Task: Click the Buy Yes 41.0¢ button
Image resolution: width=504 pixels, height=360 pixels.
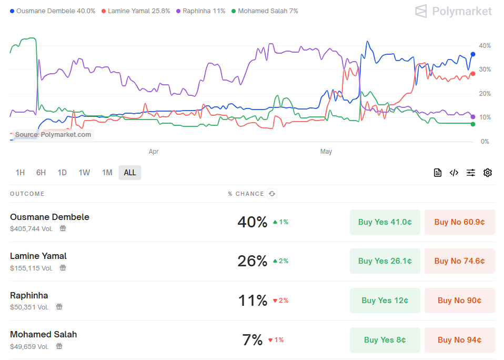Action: pos(385,222)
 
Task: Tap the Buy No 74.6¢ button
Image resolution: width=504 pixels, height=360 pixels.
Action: pos(459,261)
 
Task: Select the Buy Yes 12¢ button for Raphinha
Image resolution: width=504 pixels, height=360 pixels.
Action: pos(385,301)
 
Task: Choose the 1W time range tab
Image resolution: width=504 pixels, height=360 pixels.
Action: pos(84,173)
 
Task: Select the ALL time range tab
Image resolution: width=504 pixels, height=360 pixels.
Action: pos(129,173)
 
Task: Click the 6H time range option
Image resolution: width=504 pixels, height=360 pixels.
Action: pos(41,173)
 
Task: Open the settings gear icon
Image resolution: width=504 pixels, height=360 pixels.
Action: pos(488,173)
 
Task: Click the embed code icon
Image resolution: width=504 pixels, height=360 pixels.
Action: pos(454,173)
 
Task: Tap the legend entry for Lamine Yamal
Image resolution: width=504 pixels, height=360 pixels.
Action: pos(135,11)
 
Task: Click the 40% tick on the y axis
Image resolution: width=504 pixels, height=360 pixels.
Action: pos(485,46)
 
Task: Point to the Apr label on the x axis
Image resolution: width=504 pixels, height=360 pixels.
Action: pos(154,152)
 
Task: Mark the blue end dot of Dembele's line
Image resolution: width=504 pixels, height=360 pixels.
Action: pos(473,54)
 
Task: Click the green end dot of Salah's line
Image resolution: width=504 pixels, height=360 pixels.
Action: pos(473,124)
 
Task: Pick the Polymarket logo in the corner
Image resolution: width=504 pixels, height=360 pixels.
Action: pos(453,11)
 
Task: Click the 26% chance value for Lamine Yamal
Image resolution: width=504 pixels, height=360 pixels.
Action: pos(253,261)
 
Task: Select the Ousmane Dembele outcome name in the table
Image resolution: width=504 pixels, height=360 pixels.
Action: pos(49,217)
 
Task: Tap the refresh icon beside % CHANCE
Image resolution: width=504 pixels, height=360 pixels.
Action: pos(271,194)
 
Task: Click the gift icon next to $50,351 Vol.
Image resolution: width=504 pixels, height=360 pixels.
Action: pos(59,307)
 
